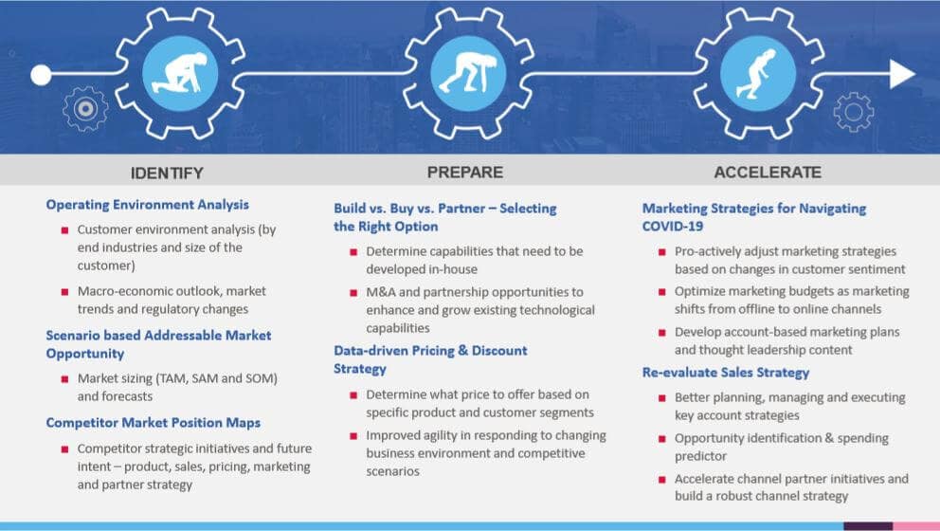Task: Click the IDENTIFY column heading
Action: (167, 173)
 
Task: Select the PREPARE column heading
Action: (464, 173)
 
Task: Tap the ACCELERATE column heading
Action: (768, 173)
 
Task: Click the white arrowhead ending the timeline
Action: (901, 74)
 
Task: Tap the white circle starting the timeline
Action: (41, 74)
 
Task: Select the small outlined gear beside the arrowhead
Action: (853, 112)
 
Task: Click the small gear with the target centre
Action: (85, 108)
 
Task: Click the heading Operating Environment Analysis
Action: (147, 205)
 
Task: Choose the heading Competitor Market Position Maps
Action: (153, 423)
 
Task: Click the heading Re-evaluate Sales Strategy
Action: (726, 373)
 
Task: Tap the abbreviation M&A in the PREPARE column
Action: (385, 292)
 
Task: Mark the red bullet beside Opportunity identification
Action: (661, 439)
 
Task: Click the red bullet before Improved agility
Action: (353, 436)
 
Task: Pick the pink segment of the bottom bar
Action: (916, 525)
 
